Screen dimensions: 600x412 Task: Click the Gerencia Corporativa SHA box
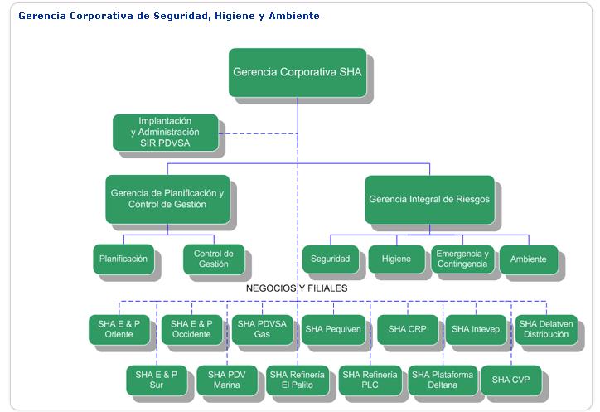pyautogui.click(x=298, y=72)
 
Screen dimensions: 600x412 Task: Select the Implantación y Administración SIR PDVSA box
pyautogui.click(x=165, y=132)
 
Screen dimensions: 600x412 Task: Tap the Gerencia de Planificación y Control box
pyautogui.click(x=167, y=199)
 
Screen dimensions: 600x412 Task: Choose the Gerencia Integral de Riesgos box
pyautogui.click(x=430, y=200)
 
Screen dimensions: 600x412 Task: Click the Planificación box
pyautogui.click(x=123, y=259)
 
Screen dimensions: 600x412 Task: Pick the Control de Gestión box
pyautogui.click(x=214, y=259)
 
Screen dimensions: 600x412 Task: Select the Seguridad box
pyautogui.click(x=331, y=259)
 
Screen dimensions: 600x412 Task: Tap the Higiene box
pyautogui.click(x=397, y=259)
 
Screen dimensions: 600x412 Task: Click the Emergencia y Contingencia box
pyautogui.click(x=462, y=259)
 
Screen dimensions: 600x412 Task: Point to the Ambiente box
pyautogui.click(x=529, y=259)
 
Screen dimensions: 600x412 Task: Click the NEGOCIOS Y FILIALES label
pyautogui.click(x=297, y=288)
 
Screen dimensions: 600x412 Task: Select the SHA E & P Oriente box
pyautogui.click(x=119, y=329)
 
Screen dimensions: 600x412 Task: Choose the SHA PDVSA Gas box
pyautogui.click(x=262, y=329)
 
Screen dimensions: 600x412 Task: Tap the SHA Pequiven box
pyautogui.click(x=333, y=329)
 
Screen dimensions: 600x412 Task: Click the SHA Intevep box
pyautogui.click(x=476, y=329)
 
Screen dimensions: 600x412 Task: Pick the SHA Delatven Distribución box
pyautogui.click(x=546, y=329)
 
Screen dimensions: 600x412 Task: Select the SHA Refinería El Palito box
pyautogui.click(x=298, y=380)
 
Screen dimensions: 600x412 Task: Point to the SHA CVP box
pyautogui.click(x=511, y=380)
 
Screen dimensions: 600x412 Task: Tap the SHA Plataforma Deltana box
pyautogui.click(x=443, y=380)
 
